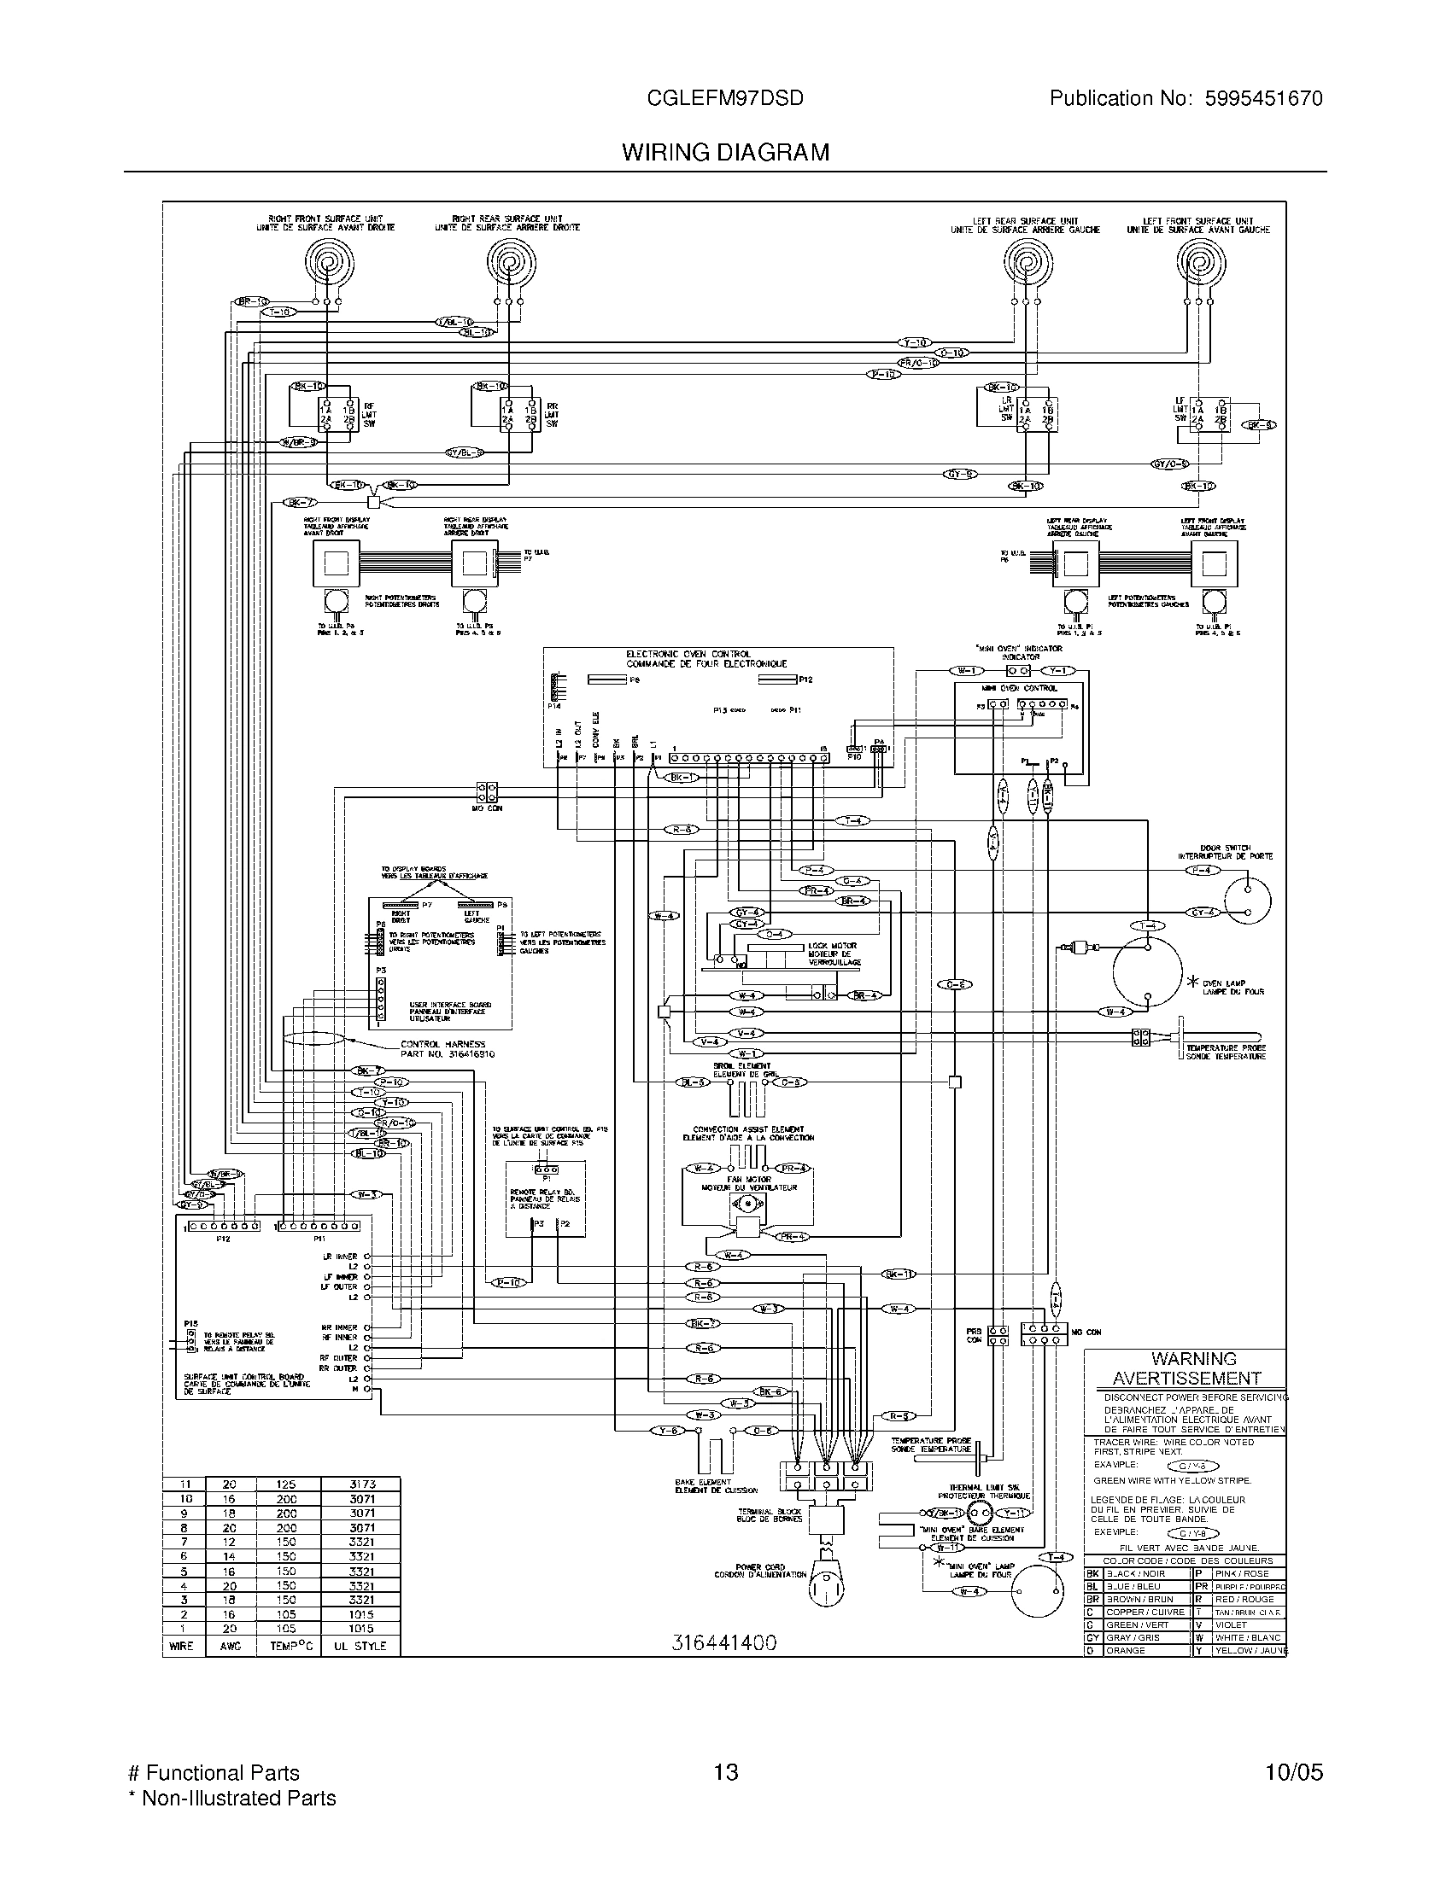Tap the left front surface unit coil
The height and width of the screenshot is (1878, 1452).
pos(1198,261)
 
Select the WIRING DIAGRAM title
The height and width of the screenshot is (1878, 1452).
pos(725,152)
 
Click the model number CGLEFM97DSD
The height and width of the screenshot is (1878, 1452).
pos(725,98)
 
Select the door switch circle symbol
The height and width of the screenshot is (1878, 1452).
pos(1247,901)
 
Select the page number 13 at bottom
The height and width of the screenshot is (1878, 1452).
pos(726,1772)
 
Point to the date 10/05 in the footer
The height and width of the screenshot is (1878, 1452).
pos(1294,1772)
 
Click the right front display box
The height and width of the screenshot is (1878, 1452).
pos(336,563)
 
